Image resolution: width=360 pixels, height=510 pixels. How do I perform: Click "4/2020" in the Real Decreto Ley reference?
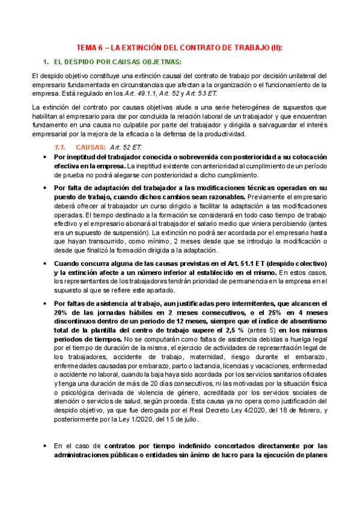pos(260,410)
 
